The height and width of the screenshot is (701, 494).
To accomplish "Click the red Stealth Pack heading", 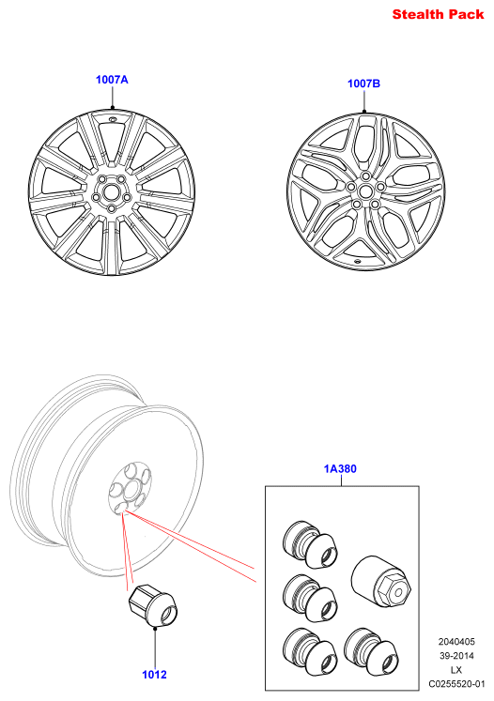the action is coord(438,14).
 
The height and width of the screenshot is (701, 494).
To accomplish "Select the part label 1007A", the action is coord(112,80).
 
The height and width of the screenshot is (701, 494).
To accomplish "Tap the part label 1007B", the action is coord(363,84).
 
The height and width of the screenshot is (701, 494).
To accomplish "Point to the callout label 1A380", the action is coord(340,468).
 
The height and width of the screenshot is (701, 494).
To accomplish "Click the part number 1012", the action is coord(154,675).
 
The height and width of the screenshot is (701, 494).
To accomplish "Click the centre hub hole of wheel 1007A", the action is coord(110,192).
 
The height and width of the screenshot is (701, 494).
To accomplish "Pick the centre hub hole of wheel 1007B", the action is coord(365,191).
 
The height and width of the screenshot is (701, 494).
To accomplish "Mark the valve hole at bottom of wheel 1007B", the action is coord(358,261).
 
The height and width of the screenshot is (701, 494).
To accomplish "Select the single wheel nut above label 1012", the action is coord(153,605).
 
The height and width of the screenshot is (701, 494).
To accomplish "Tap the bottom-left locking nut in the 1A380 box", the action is coord(310,651).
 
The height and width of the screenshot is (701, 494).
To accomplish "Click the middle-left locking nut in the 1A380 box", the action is coord(310,598).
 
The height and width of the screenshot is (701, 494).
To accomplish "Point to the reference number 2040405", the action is coord(456,642).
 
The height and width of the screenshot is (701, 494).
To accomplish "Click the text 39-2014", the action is coord(456,656).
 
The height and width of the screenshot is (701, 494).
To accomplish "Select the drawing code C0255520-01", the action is coord(456,684).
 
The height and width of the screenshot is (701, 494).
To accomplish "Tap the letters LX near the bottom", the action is coord(456,670).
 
